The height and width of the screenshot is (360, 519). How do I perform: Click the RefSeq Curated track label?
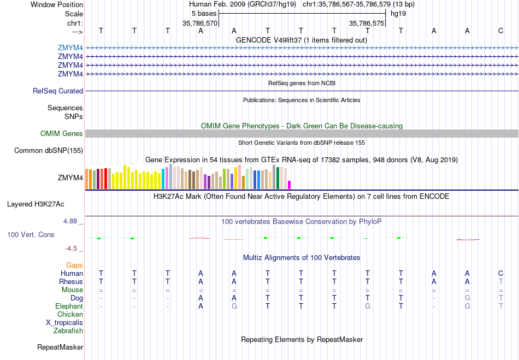(x=58, y=91)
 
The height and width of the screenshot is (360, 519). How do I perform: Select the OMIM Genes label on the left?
(x=62, y=134)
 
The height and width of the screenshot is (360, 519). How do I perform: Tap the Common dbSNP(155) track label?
(x=49, y=151)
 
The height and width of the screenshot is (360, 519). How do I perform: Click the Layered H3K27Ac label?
(x=36, y=204)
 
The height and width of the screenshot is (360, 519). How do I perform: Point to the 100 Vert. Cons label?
(x=31, y=234)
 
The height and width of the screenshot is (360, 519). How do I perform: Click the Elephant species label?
(x=69, y=306)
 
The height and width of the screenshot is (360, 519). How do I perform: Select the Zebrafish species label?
(x=68, y=331)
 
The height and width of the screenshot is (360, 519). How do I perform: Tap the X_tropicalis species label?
(x=64, y=322)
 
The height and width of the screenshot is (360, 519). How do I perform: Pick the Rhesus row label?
(x=71, y=281)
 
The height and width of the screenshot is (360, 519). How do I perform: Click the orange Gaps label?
(x=74, y=265)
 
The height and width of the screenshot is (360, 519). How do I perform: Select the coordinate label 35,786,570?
(x=200, y=23)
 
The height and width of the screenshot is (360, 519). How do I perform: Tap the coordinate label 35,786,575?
(x=367, y=23)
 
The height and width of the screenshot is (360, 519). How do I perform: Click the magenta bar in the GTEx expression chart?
(x=290, y=184)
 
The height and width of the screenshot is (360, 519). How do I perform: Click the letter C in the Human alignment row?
(x=500, y=273)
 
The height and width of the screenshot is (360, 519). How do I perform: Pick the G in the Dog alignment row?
(x=467, y=298)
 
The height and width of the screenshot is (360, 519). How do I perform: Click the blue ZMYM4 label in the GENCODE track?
(x=70, y=48)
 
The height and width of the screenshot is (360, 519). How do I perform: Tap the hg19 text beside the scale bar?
(x=398, y=13)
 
